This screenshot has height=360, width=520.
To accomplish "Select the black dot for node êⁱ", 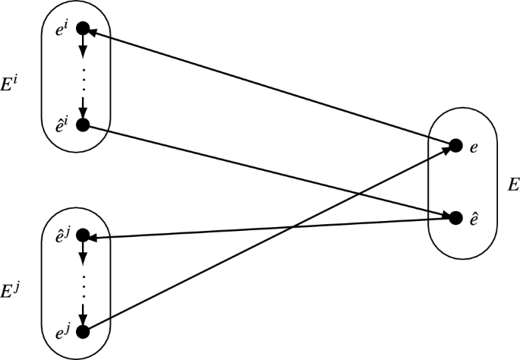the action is coord(83,125).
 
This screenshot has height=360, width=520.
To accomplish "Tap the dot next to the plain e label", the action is coord(455,145).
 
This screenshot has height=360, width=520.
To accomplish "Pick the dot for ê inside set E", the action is coord(455,217).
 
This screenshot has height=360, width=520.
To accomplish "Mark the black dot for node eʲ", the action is coord(83,331).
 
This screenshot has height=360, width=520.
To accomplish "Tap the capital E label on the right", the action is coord(513,184).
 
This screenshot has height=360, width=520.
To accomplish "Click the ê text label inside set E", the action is coord(474,217).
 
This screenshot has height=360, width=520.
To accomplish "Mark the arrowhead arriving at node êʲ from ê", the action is coord(95,237).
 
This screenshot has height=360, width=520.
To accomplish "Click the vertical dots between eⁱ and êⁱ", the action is coord(83,77).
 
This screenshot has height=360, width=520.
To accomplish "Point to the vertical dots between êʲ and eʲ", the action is coord(83,285).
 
